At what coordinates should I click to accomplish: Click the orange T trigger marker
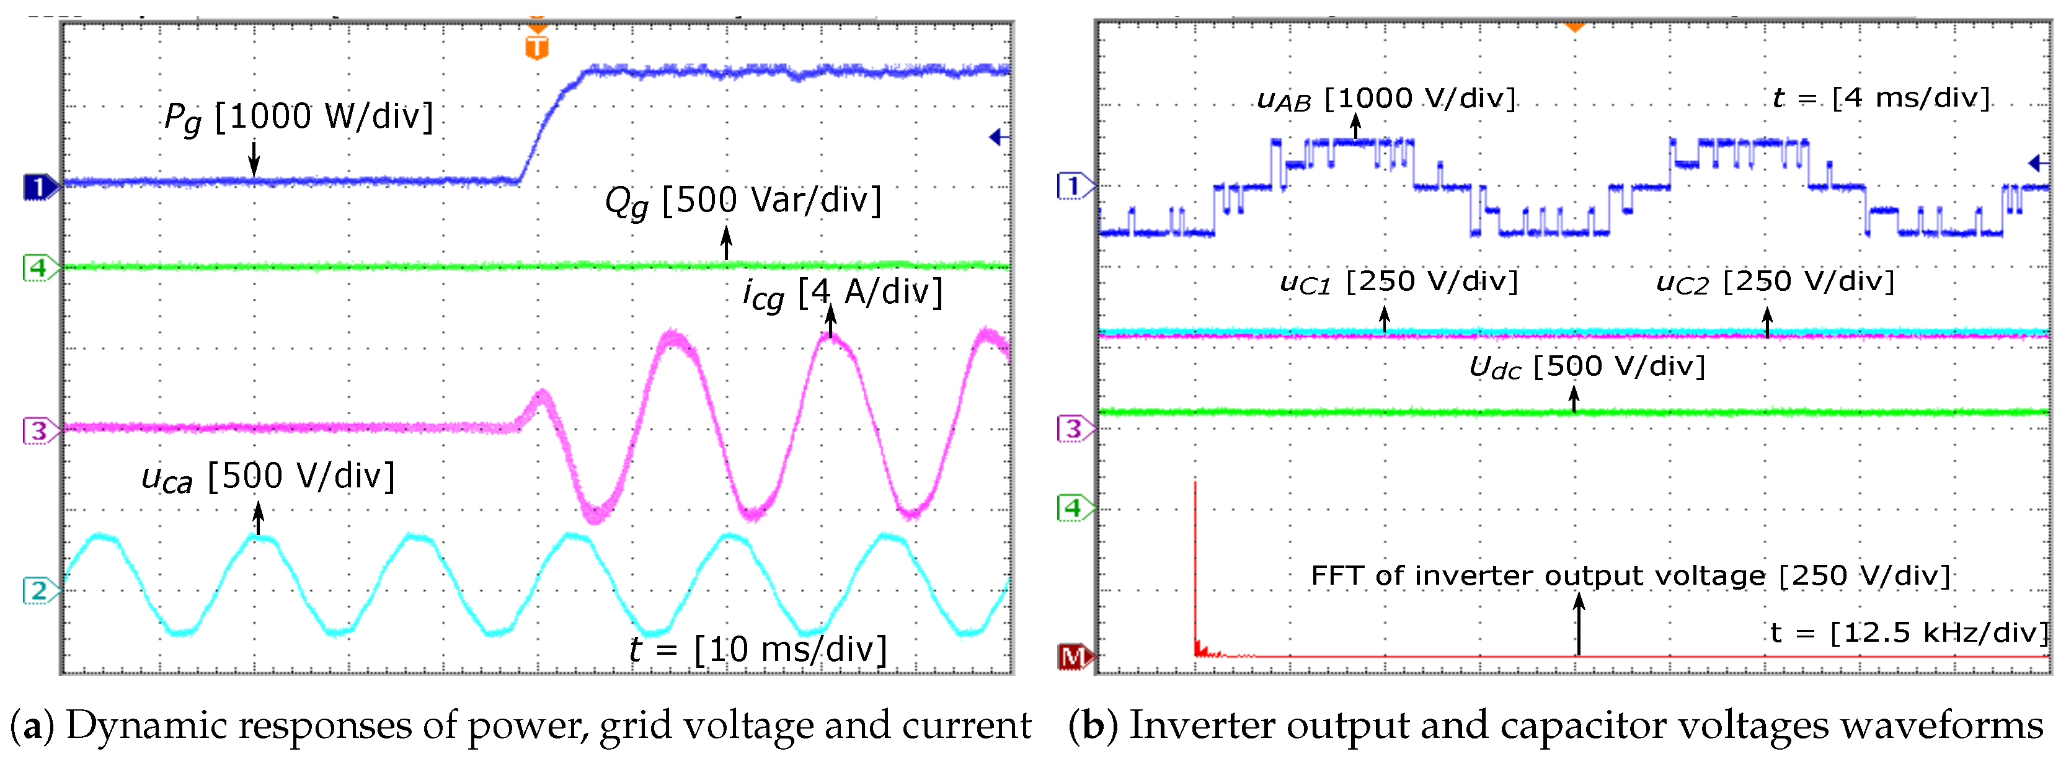click(x=536, y=46)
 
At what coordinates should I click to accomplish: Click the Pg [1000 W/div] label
click(x=298, y=117)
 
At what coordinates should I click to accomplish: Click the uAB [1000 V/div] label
click(x=1386, y=99)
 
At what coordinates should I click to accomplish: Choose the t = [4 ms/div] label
click(x=1881, y=98)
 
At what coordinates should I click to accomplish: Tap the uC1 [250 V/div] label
click(x=1399, y=282)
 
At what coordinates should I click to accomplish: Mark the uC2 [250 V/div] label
click(x=1775, y=282)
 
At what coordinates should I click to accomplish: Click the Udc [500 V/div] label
click(x=1586, y=366)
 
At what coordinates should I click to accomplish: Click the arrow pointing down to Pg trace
click(x=254, y=158)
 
